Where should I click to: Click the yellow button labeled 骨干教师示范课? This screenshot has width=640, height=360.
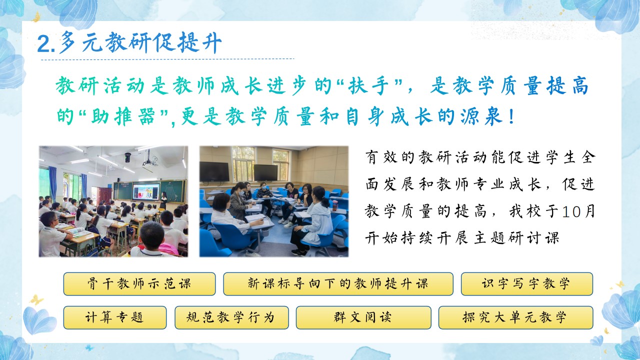[x=139, y=283]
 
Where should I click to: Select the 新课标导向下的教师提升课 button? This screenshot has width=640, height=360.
[x=338, y=283]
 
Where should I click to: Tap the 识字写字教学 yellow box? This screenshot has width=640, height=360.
[x=527, y=283]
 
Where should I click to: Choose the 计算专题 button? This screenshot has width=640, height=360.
[x=115, y=317]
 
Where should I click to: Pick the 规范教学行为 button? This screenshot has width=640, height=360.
[x=231, y=317]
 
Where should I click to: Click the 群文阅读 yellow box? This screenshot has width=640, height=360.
[x=363, y=317]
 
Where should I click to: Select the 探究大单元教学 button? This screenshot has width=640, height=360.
[x=515, y=317]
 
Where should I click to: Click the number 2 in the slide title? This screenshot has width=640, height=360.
[x=43, y=44]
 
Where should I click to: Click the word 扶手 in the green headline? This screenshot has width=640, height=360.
[x=369, y=85]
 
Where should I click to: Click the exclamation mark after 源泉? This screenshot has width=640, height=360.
[x=511, y=116]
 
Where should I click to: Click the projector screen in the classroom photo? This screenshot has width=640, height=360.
[x=146, y=191]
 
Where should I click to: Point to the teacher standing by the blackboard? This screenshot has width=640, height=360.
[x=163, y=200]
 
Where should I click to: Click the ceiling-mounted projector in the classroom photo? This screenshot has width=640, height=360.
[x=149, y=159]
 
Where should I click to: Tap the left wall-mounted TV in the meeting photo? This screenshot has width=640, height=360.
[x=214, y=171]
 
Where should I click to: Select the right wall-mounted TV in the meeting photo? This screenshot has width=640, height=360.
[x=265, y=172]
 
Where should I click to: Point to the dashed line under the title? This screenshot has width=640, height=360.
[x=167, y=59]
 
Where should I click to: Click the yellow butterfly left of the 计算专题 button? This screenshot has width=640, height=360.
[x=36, y=300]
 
